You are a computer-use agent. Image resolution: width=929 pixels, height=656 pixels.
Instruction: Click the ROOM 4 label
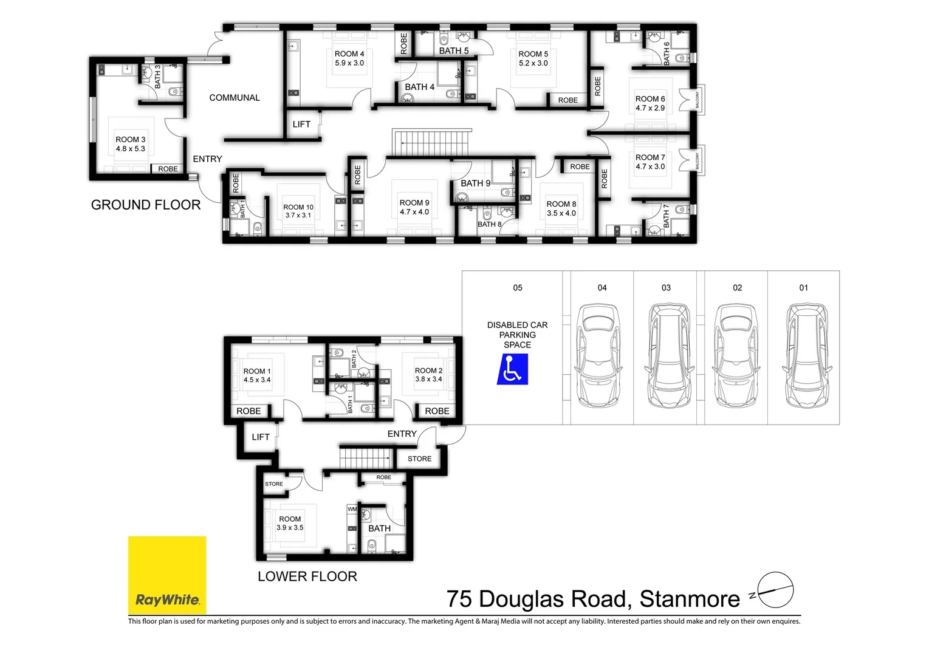click(349, 54)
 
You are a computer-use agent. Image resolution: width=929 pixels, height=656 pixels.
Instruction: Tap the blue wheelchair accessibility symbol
click(512, 369)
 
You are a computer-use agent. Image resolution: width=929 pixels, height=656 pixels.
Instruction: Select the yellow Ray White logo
click(167, 575)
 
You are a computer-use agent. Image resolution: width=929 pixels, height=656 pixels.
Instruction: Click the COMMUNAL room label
click(235, 98)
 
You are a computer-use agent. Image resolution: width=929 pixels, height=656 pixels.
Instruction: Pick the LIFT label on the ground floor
click(301, 125)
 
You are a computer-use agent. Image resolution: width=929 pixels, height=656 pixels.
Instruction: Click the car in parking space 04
click(600, 355)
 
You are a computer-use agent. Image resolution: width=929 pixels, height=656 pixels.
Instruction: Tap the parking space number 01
click(804, 288)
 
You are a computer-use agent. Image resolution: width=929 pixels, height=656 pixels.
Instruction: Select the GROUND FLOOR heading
click(146, 205)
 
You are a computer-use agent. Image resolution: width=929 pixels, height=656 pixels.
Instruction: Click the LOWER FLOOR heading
click(307, 576)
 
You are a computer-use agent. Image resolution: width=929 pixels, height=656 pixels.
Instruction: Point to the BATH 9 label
click(475, 183)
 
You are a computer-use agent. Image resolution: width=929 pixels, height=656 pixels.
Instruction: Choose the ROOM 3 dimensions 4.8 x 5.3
click(131, 149)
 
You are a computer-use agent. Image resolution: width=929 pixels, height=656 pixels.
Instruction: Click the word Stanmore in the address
click(690, 600)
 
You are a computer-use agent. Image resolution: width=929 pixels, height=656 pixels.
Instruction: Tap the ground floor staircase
click(432, 143)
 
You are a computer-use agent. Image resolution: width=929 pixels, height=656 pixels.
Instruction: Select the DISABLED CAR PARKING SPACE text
click(518, 335)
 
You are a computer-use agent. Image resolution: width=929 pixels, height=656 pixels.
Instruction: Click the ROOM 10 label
click(298, 207)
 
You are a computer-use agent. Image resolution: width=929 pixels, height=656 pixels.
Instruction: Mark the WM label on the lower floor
click(352, 509)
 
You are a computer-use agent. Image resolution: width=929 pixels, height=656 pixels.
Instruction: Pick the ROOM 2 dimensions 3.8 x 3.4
click(429, 380)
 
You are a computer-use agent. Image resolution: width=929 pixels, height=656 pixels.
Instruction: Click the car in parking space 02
click(737, 355)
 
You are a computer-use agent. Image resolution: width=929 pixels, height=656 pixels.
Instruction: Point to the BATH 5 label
click(454, 51)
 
